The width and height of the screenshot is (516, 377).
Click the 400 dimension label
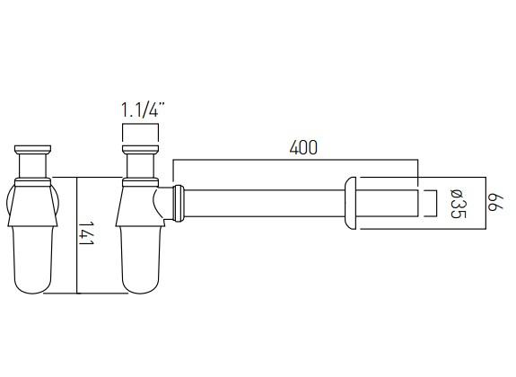[x=304, y=148]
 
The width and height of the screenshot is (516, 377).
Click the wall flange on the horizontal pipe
[x=351, y=204]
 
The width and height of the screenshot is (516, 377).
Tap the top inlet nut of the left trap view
[x=33, y=149]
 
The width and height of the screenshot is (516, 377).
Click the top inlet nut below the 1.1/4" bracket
[x=141, y=149]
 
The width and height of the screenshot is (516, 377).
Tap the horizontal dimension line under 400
[x=295, y=162]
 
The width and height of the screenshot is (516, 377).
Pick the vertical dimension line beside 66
[x=485, y=203]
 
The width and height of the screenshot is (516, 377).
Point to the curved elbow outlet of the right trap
[x=164, y=202]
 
